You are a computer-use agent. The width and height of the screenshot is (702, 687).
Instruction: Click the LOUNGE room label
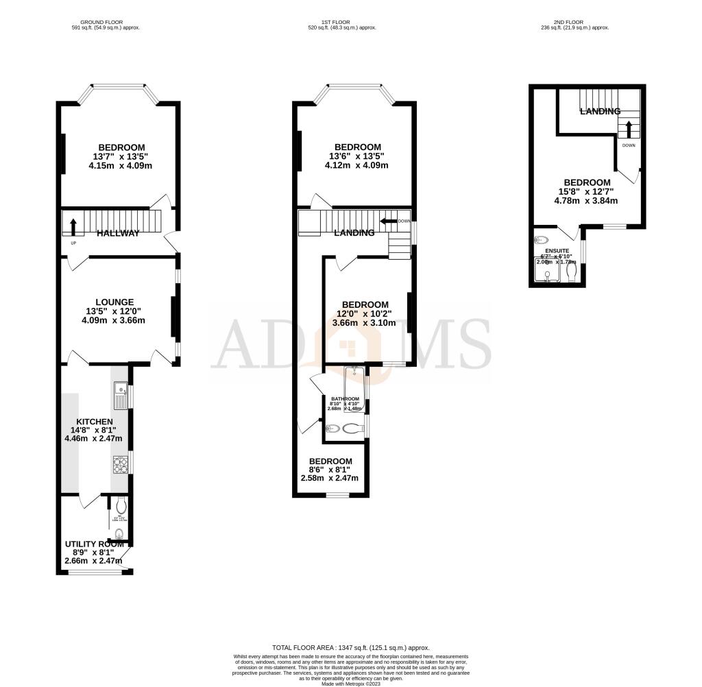[114, 302]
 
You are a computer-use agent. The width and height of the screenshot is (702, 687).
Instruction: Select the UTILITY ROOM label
[94, 544]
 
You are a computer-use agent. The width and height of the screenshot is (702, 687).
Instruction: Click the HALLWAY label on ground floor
[118, 233]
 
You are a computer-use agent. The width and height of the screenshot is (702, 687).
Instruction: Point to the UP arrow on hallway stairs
[73, 227]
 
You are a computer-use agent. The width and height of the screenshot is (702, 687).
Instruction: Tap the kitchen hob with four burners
[119, 465]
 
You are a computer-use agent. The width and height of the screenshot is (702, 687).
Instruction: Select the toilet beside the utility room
[121, 507]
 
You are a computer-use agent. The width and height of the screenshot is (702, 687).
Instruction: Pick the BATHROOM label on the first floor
[345, 399]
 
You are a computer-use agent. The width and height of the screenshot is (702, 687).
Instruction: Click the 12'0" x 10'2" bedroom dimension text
[365, 313]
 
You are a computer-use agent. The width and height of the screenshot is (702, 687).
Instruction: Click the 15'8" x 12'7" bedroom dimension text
[586, 191]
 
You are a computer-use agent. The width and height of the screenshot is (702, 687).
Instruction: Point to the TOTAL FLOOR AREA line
[350, 647]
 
